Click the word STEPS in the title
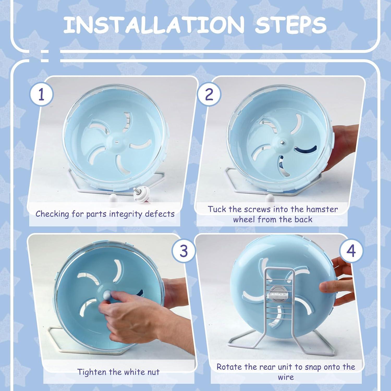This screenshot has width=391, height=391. (x=291, y=25)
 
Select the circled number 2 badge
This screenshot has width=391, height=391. (x=209, y=95)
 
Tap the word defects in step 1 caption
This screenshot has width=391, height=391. (x=160, y=214)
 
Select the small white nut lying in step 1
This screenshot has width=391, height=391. (x=113, y=198)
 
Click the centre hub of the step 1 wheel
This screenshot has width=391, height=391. (x=116, y=142)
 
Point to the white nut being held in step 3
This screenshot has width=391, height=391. (x=107, y=295)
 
